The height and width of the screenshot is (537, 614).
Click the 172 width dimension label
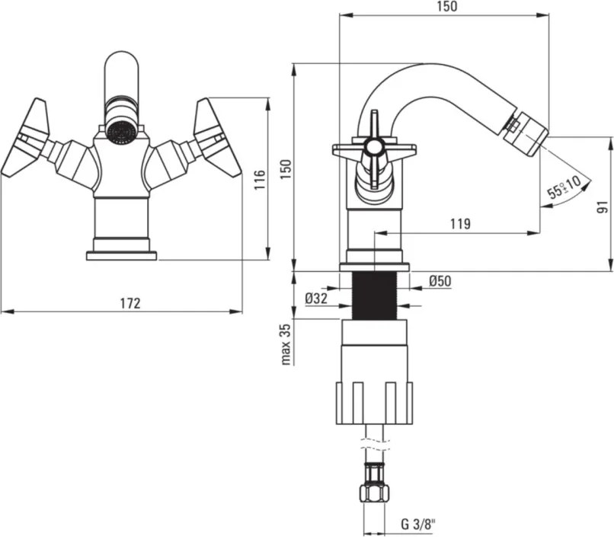130,303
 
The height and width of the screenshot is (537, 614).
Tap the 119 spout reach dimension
459,224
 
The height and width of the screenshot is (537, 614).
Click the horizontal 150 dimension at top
448,7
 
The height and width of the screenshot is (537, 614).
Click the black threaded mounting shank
375,296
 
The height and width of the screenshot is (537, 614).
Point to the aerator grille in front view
120,131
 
